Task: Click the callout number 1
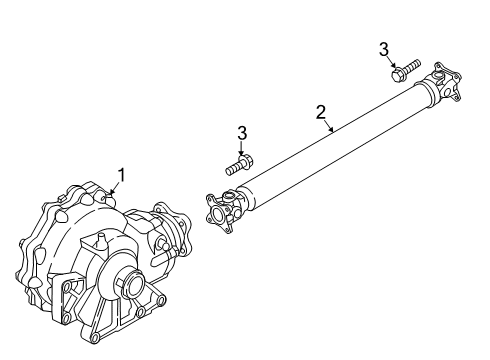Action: pos(121,176)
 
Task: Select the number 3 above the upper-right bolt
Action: pos(383,48)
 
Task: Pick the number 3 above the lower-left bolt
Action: pos(241,132)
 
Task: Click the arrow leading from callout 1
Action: pos(115,188)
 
